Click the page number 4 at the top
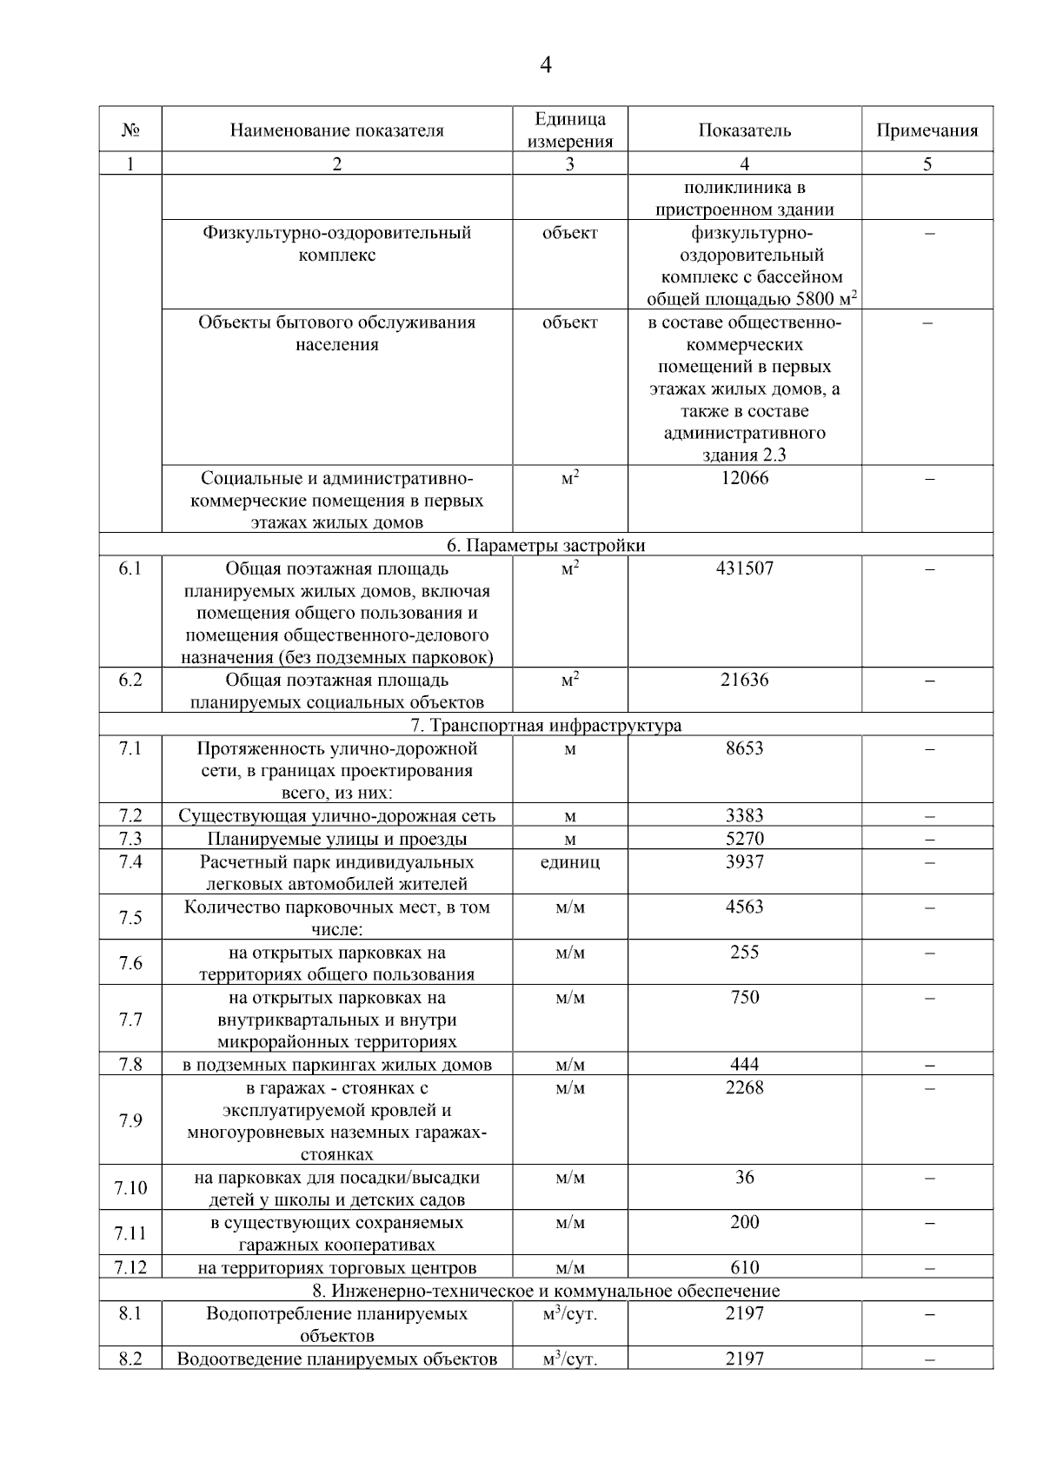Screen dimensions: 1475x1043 (x=546, y=65)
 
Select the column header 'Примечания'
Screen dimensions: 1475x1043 (x=927, y=130)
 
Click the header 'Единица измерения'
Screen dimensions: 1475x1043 (x=569, y=130)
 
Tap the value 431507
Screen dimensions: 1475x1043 (x=744, y=568)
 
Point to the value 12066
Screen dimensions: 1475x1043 (x=744, y=478)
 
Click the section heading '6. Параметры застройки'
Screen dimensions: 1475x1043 (x=546, y=546)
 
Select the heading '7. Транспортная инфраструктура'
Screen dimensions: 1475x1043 (x=546, y=726)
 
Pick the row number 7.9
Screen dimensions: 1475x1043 (x=130, y=1121)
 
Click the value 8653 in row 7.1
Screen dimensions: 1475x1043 (x=744, y=748)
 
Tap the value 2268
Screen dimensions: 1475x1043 (x=744, y=1088)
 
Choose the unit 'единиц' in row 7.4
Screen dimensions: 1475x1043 (x=569, y=862)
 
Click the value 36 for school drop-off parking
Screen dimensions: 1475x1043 (x=744, y=1178)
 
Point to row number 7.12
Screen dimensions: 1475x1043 (x=130, y=1268)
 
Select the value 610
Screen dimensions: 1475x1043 (x=744, y=1268)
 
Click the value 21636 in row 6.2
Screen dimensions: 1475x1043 (x=744, y=681)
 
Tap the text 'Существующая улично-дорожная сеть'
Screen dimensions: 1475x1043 (x=336, y=816)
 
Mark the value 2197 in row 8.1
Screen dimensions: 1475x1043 (x=744, y=1314)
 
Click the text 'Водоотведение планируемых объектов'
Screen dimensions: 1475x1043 (x=336, y=1359)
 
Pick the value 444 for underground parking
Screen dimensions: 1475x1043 (x=744, y=1065)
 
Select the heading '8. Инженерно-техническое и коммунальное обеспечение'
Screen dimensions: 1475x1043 (x=546, y=1291)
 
